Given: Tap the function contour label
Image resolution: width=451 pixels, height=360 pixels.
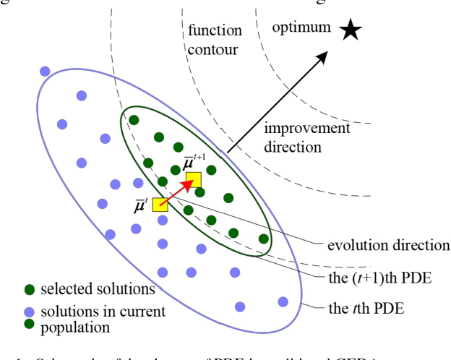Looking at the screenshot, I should pos(212,41).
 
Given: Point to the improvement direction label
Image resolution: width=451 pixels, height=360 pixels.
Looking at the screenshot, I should pos(306,137).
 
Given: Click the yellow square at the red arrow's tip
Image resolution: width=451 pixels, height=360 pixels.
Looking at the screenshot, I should pos(193,179).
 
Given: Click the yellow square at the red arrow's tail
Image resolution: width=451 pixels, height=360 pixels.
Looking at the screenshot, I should pos(160,204).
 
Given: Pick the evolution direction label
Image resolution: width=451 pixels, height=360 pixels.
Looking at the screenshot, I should pos(388,245).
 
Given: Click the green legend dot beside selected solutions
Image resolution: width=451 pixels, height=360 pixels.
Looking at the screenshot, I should pos(30,290).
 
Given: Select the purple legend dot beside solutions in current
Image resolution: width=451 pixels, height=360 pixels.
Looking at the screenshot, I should pos(30,313).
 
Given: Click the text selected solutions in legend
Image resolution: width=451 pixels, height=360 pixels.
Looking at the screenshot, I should pos(98,289).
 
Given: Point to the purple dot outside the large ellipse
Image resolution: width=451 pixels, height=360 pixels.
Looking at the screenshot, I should pos(45,71).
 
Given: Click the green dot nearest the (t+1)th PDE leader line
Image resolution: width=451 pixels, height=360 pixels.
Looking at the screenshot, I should pos(264,239).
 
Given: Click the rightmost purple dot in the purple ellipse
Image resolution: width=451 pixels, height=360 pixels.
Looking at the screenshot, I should pos(283,301).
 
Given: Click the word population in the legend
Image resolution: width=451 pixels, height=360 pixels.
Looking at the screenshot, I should pos(75,327).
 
